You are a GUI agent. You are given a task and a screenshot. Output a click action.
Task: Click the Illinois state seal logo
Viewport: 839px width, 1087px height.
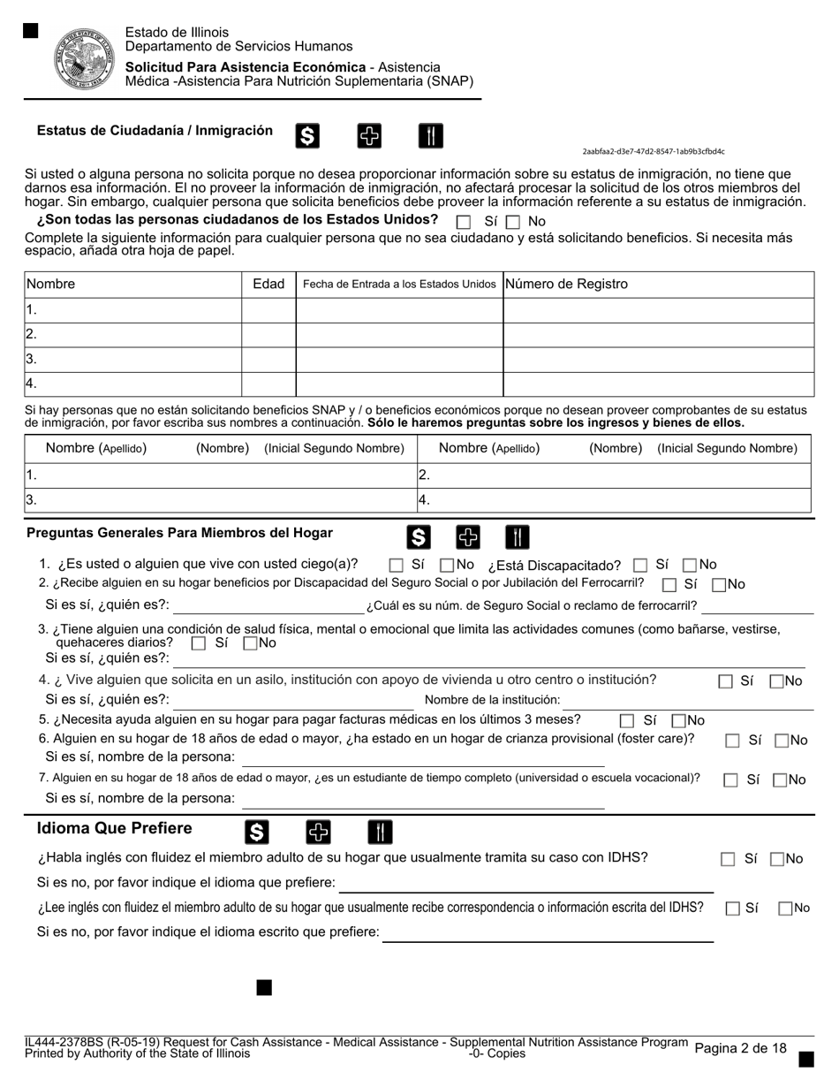[x=85, y=58]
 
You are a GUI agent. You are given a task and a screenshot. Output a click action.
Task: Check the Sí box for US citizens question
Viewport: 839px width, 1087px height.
[x=464, y=223]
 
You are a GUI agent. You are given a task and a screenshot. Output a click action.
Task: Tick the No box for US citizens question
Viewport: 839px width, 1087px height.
[x=513, y=223]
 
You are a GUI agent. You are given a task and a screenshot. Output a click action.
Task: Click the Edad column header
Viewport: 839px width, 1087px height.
[x=268, y=284]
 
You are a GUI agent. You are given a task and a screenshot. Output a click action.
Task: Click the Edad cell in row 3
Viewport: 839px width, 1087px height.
[x=268, y=359]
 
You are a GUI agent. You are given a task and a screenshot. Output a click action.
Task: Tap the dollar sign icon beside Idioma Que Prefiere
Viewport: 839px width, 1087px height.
[x=256, y=832]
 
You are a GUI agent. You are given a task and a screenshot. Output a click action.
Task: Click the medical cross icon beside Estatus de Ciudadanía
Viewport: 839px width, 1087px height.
[x=369, y=135]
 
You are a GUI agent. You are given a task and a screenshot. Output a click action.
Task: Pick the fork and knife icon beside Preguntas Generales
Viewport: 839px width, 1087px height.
[x=518, y=536]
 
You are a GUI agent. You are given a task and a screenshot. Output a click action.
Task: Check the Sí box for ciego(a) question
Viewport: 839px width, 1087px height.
[x=397, y=566]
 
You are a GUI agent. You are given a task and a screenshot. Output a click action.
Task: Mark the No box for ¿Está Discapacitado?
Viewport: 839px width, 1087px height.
[x=691, y=566]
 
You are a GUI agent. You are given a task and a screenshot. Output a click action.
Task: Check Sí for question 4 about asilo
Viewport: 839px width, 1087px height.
[x=726, y=682]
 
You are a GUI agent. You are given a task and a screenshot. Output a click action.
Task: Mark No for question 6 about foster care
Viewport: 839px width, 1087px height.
[x=782, y=741]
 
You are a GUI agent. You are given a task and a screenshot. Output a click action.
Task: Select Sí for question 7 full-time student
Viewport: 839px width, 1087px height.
[x=730, y=780]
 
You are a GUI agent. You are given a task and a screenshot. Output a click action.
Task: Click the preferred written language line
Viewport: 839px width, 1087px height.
[x=548, y=932]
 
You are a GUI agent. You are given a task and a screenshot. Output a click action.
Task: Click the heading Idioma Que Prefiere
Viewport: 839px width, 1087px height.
[x=114, y=828]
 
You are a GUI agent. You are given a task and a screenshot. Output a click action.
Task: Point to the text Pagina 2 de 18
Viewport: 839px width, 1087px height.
[x=740, y=1048]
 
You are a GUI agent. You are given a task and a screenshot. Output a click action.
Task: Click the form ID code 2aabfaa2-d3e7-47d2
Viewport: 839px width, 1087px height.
[x=654, y=151]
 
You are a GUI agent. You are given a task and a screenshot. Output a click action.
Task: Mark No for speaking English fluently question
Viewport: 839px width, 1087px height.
[x=777, y=859]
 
